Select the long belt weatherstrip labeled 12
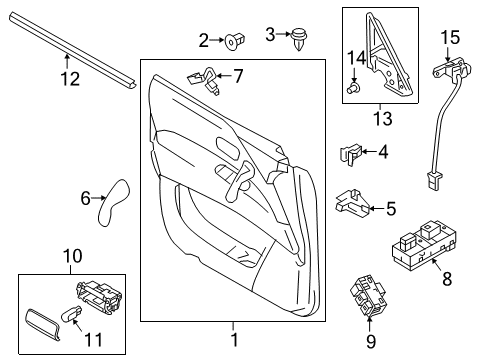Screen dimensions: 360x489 pos(70,50)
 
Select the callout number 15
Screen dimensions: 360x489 pos(449,38)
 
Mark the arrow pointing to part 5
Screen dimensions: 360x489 pos(374,208)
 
